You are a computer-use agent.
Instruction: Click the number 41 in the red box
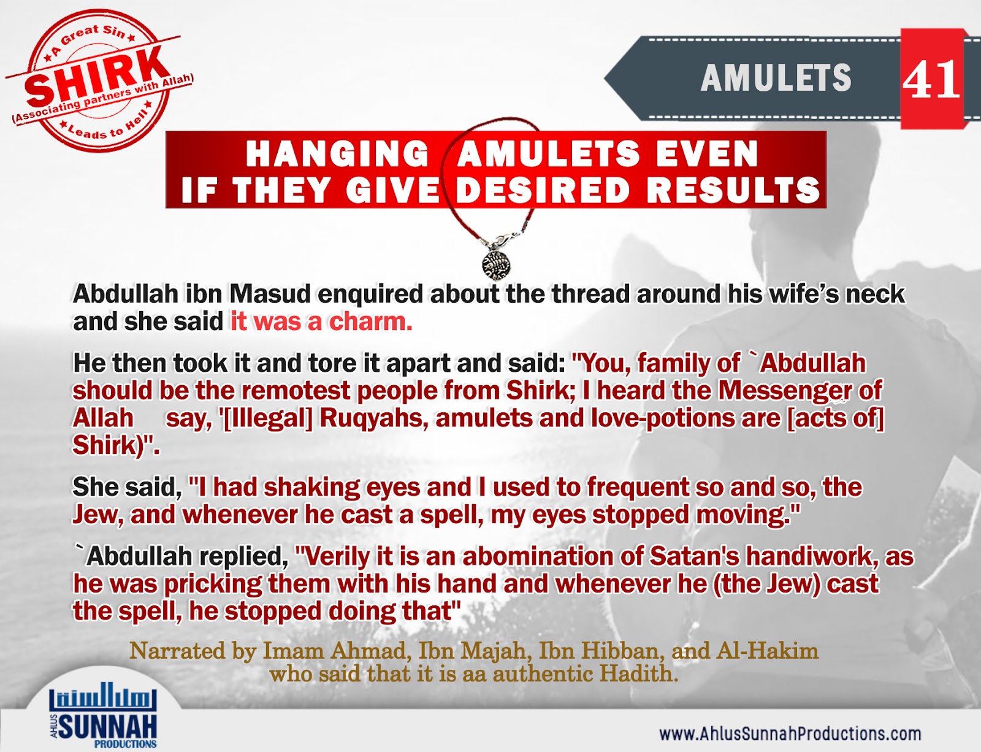[931, 80]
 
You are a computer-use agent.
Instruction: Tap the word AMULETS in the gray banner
[776, 79]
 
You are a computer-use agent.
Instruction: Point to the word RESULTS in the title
[734, 190]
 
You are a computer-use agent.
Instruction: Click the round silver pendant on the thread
[496, 263]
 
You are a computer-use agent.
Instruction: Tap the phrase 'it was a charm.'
[321, 321]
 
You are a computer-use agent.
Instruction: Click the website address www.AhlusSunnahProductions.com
[790, 734]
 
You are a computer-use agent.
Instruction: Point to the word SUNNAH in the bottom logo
[108, 727]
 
